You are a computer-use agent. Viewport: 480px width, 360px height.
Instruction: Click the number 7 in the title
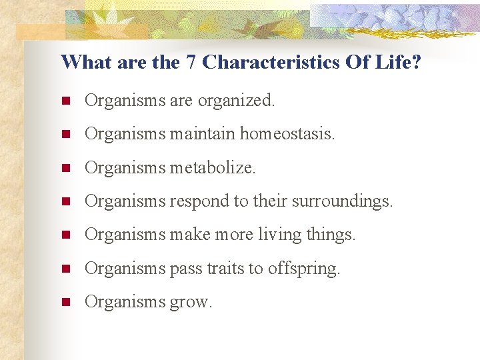pos(190,63)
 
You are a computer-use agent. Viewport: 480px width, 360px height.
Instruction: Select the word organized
pos(237,101)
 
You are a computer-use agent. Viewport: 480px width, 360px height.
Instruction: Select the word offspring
pos(303,269)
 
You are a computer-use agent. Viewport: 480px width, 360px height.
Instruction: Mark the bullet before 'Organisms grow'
pos(65,303)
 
